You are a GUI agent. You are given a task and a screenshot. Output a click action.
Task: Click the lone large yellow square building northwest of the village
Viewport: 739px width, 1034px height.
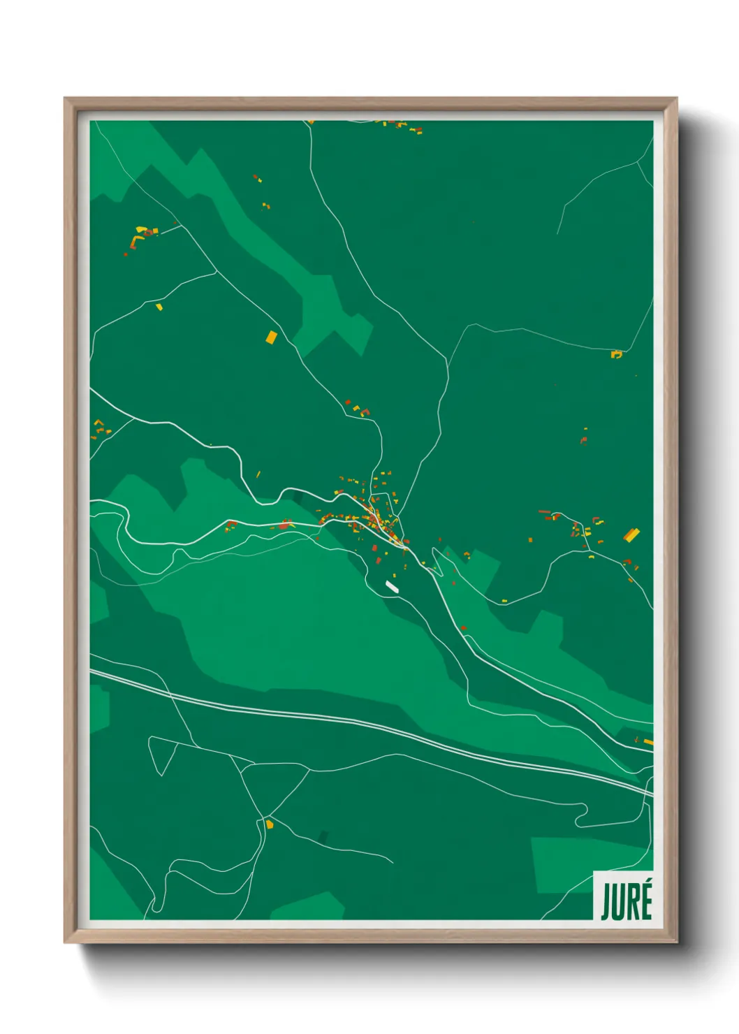coord(271,337)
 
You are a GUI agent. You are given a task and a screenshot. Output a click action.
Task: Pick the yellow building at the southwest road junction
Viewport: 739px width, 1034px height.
coord(270,824)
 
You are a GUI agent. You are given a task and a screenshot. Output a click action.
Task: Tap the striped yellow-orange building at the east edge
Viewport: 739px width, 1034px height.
coord(631,535)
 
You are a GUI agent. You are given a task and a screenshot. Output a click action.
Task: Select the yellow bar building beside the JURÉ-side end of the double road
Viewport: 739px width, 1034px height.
coord(648,741)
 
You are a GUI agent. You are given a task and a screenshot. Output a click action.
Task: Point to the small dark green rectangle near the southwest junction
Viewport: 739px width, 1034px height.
coord(323,836)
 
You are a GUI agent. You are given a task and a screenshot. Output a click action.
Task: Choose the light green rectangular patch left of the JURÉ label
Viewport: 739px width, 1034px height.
coord(559,865)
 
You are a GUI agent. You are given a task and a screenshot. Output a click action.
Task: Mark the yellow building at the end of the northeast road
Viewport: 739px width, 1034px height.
coord(616,354)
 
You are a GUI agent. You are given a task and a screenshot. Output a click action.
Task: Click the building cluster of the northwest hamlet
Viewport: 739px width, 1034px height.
coord(142,235)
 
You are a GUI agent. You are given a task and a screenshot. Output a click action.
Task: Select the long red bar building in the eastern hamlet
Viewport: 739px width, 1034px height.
coord(545,512)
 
